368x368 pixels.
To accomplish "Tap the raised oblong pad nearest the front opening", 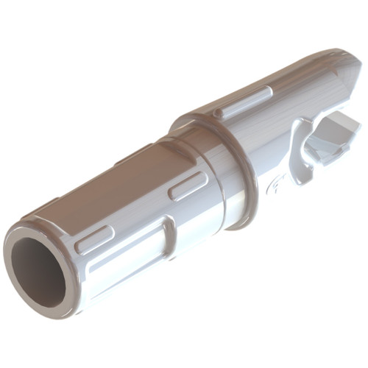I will (95, 239).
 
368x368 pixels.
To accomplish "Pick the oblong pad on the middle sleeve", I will (188, 185).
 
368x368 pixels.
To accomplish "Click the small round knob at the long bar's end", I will (218, 113).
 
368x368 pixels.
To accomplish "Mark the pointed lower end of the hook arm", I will (295, 180).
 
